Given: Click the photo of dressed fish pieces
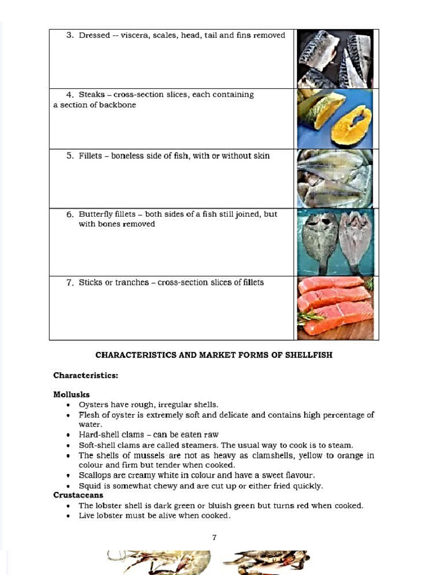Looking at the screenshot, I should pos(335,59).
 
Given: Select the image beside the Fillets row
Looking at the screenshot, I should pos(335,179).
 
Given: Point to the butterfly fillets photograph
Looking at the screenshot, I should pos(335,242).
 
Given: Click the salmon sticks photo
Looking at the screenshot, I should pos(335,308).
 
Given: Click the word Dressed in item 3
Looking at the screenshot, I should pos(94,35).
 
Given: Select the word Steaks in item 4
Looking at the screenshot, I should pos(91,95).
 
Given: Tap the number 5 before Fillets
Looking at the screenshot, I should pos(70,156).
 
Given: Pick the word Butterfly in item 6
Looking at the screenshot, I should pos(96,215).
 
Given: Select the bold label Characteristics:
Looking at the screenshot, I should pos(85,376).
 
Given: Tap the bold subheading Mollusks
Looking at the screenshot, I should pos(71,395).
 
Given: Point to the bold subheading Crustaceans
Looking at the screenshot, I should pos(78,495).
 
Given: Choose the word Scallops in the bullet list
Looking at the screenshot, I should pos(95,476).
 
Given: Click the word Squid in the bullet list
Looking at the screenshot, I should pos(89,486).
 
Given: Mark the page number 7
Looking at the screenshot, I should pos(214,537).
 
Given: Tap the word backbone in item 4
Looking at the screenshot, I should pos(117,105).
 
